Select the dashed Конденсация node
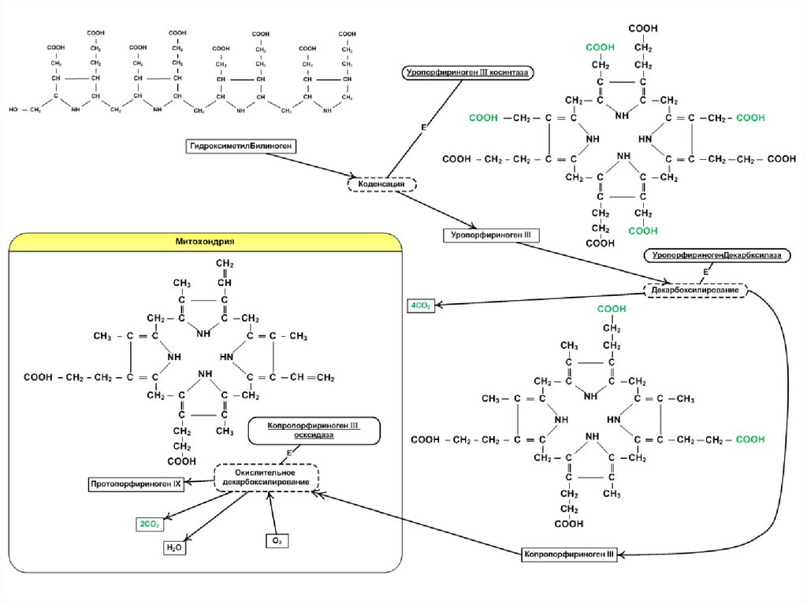pyautogui.click(x=381, y=184)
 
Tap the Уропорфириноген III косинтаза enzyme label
pyautogui.click(x=468, y=72)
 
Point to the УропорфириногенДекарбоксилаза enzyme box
pyautogui.click(x=717, y=256)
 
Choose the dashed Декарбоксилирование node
pyautogui.click(x=695, y=291)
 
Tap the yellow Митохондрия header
pyautogui.click(x=206, y=241)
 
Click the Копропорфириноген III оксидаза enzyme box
pyautogui.click(x=314, y=430)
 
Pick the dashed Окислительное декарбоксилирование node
pyautogui.click(x=266, y=476)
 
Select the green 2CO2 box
pyautogui.click(x=150, y=524)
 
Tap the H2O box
pyautogui.click(x=174, y=548)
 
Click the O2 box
pyautogui.click(x=277, y=541)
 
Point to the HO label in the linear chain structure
pyautogui.click(x=13, y=110)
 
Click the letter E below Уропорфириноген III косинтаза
pyautogui.click(x=422, y=127)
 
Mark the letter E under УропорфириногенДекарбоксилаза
pyautogui.click(x=705, y=272)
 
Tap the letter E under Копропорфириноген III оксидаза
pyautogui.click(x=288, y=453)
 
